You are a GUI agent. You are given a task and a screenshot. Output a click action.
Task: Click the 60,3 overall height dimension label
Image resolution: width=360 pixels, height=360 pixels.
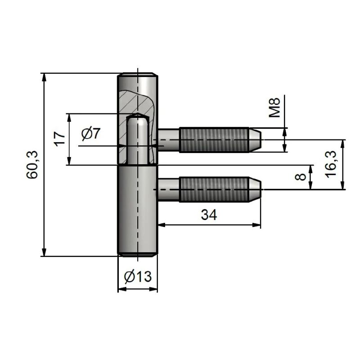tap(34, 165)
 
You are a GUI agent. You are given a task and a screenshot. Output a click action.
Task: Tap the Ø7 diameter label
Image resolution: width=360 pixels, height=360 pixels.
tap(91, 134)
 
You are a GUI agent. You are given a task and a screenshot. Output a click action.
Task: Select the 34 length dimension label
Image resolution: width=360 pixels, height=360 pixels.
tap(208, 215)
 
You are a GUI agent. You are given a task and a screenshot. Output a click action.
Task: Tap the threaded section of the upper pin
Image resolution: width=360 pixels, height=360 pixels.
tap(214, 139)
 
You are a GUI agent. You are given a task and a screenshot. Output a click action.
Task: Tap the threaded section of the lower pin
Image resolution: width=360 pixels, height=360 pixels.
tap(214, 189)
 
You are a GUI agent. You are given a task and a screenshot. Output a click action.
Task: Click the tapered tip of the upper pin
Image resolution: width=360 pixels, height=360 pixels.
tap(255, 139)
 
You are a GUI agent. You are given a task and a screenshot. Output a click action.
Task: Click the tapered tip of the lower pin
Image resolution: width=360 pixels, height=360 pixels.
tap(255, 189)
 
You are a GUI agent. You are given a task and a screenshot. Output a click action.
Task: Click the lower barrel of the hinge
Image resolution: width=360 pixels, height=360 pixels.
tap(138, 211)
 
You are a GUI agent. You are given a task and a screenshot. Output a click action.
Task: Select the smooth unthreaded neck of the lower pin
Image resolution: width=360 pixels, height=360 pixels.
tap(169, 189)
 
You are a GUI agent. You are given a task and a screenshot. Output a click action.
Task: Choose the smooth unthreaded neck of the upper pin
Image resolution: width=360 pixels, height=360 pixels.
tap(169, 139)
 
